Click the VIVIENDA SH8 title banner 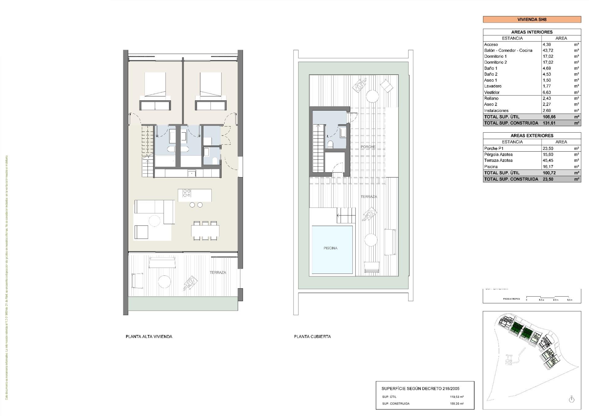(532, 19)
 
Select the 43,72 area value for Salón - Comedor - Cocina (548, 50)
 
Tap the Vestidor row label (492, 92)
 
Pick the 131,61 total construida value (549, 123)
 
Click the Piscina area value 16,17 (548, 167)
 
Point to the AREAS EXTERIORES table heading (532, 136)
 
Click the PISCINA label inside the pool (330, 248)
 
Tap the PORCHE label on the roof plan (368, 147)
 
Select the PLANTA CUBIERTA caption (312, 336)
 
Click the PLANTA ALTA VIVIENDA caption (149, 336)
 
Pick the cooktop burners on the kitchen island (187, 193)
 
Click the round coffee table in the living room (154, 221)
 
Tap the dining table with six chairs (205, 231)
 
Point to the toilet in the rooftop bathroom (330, 144)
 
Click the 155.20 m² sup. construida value (456, 404)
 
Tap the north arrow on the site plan (571, 399)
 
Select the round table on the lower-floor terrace (164, 282)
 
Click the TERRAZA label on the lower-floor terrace (218, 273)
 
